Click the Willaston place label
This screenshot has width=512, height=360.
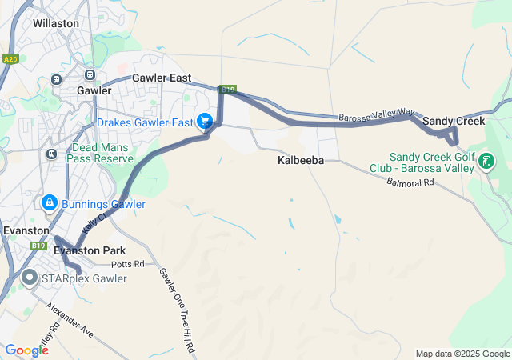(56, 23)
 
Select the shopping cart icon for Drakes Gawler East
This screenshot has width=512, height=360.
(206, 121)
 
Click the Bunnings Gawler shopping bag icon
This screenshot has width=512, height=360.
(50, 203)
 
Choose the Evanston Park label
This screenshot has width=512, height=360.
(90, 250)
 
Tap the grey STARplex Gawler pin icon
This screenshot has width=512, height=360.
(30, 278)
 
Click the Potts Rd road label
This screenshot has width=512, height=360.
(128, 263)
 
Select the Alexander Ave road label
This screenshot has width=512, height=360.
(70, 319)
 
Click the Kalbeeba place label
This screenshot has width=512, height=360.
(301, 161)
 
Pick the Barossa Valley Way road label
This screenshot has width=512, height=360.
(375, 117)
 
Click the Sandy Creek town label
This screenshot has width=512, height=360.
(454, 121)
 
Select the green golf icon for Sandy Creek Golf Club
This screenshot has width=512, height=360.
(486, 162)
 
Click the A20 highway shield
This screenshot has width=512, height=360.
(10, 58)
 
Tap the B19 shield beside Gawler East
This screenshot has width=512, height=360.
(229, 90)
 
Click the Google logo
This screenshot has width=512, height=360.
(26, 350)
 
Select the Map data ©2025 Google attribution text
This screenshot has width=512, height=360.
(462, 354)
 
